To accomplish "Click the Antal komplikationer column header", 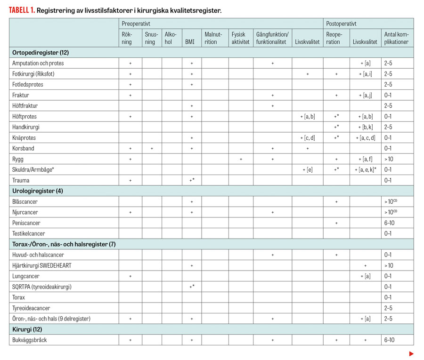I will (396, 38).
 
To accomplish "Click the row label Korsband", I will (23, 148).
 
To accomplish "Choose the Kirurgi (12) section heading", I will (28, 329).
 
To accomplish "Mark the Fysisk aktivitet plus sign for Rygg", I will (241, 159).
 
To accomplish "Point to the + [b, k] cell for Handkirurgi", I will (366, 127).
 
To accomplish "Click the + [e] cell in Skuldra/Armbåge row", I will (307, 169).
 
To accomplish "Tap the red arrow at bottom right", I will (411, 353).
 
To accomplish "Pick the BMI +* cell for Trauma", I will (192, 180).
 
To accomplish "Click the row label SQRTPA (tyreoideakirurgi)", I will (42, 287).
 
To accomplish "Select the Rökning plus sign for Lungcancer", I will (130, 276).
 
